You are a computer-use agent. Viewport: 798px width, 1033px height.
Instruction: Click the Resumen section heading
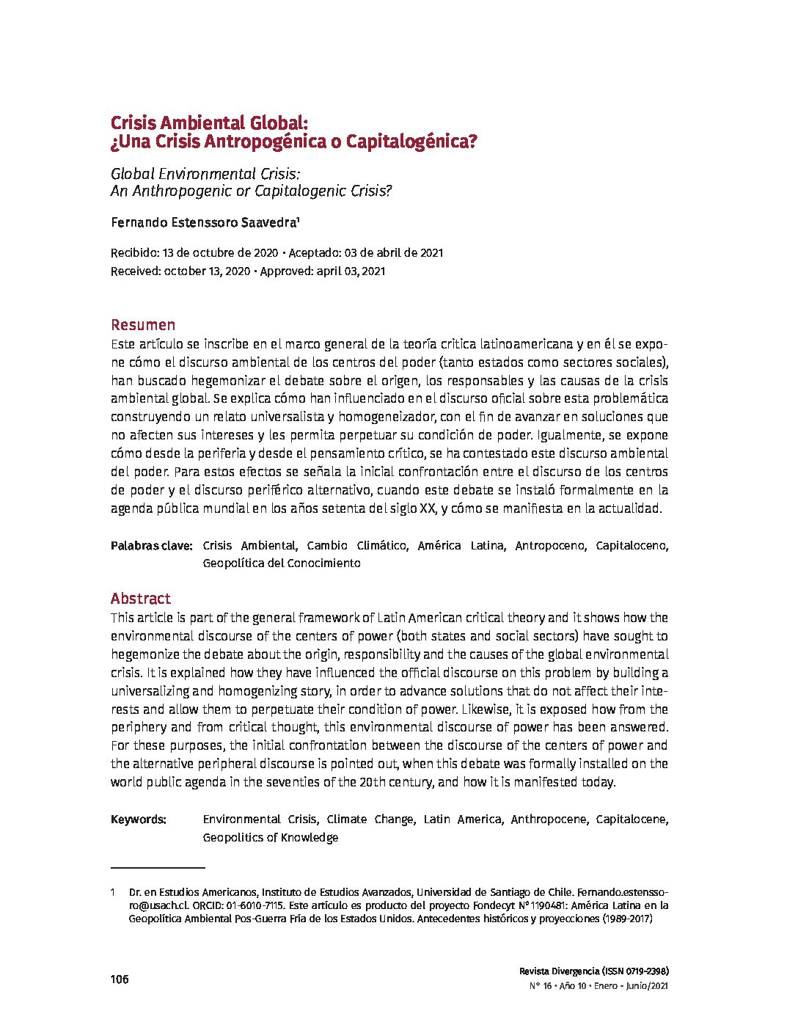[143, 324]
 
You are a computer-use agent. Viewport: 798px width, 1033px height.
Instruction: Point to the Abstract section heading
[141, 598]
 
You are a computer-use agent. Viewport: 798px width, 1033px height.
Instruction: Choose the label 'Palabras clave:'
[151, 546]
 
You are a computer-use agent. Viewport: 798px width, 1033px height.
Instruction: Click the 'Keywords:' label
[139, 820]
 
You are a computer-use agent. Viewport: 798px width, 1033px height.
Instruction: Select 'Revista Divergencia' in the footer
[559, 970]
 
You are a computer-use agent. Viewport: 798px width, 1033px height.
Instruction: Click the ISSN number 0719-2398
[646, 970]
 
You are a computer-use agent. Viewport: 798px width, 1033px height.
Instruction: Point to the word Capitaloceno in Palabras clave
[632, 546]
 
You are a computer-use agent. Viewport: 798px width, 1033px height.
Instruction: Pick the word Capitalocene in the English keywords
[632, 820]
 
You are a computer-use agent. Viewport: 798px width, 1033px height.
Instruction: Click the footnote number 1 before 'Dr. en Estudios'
[113, 893]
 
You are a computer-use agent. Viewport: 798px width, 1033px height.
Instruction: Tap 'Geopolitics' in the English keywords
[233, 838]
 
